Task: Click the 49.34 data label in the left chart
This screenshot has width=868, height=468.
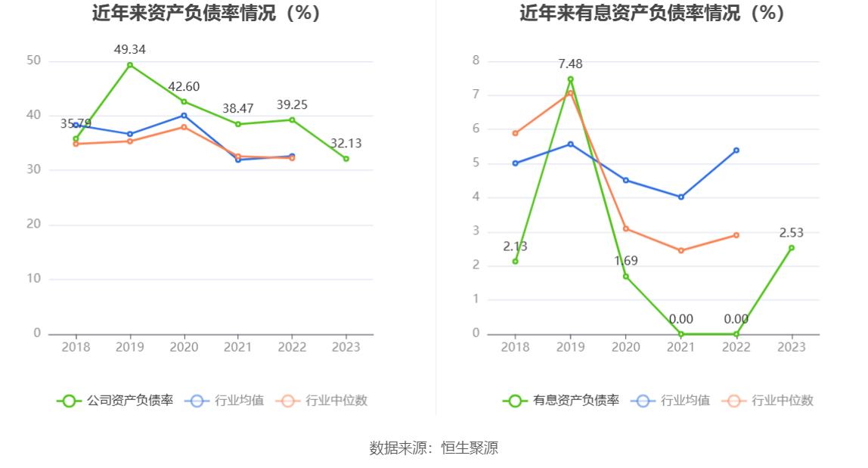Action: [129, 50]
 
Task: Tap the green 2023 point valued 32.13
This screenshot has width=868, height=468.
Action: [346, 159]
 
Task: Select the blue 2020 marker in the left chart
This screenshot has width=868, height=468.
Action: [184, 116]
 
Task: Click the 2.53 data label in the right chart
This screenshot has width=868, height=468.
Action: [792, 233]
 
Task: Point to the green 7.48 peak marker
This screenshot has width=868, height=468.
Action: [570, 79]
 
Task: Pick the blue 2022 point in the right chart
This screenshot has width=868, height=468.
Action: [736, 150]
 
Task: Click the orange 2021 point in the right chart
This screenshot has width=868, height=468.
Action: [680, 250]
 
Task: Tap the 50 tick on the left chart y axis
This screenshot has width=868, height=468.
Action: [33, 60]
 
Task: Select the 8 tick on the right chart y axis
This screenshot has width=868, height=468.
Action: [476, 60]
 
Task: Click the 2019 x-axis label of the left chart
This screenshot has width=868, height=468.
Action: [129, 347]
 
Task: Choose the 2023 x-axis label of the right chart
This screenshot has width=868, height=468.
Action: [792, 347]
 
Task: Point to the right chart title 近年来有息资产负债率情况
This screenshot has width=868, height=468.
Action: [652, 13]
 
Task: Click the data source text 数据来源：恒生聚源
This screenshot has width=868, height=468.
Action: [434, 448]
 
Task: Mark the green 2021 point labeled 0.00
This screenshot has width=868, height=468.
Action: [680, 334]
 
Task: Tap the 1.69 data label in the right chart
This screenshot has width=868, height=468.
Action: [625, 261]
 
